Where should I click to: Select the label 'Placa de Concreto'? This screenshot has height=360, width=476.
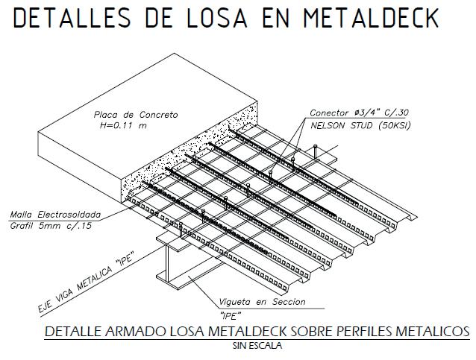pos(136,115)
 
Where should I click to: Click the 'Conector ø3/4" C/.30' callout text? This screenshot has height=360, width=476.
pos(360,113)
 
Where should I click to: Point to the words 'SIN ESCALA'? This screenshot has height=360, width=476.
pos(257,345)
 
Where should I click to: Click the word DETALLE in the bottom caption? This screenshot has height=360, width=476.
pos(73,331)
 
